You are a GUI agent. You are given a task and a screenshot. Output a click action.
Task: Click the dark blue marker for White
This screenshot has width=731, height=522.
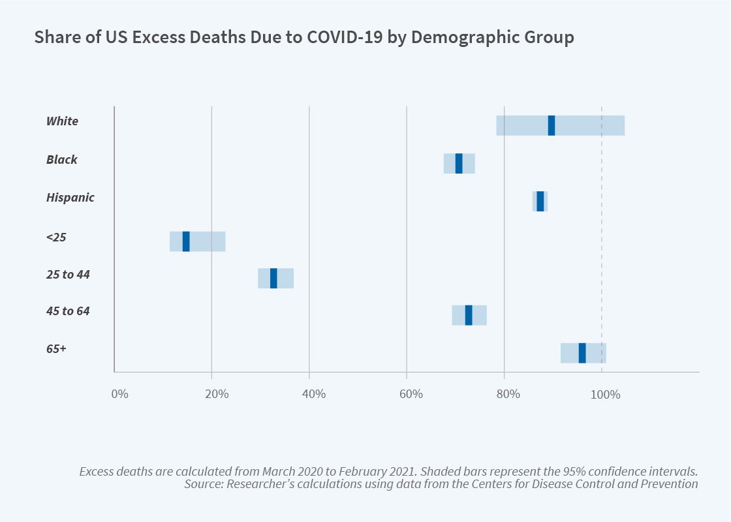pyautogui.click(x=552, y=125)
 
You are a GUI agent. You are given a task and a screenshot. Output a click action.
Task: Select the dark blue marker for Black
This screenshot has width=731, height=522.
pyautogui.click(x=459, y=163)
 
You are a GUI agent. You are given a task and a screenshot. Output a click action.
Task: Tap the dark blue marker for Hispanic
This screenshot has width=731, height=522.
pyautogui.click(x=540, y=201)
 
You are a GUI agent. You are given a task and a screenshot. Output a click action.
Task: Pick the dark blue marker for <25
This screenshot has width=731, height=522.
pyautogui.click(x=186, y=241)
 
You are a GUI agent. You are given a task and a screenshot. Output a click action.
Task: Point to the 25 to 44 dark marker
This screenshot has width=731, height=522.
pyautogui.click(x=273, y=278)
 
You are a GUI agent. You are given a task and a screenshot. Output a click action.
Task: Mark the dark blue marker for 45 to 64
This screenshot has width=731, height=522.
pyautogui.click(x=469, y=315)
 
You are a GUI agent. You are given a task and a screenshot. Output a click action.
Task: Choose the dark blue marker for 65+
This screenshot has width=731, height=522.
pyautogui.click(x=582, y=353)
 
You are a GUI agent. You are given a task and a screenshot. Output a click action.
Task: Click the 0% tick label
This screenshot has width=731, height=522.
pyautogui.click(x=119, y=394)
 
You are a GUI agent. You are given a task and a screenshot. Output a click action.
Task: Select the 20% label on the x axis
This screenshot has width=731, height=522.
pyautogui.click(x=216, y=394)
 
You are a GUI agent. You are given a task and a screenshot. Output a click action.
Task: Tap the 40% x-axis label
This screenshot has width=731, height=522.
pyautogui.click(x=314, y=394)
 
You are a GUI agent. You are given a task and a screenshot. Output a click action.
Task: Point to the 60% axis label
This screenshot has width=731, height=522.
pyautogui.click(x=411, y=394)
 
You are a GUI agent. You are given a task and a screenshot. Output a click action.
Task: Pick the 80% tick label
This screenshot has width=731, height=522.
pyautogui.click(x=508, y=394)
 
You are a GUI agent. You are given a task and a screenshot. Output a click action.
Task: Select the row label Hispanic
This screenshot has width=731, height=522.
pyautogui.click(x=70, y=197)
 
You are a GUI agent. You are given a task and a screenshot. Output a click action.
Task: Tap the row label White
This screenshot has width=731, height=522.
pyautogui.click(x=62, y=121)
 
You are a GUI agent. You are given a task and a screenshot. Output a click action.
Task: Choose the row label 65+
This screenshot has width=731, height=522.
pyautogui.click(x=56, y=349)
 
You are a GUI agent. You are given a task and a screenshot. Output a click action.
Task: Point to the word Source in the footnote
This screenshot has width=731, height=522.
pyautogui.click(x=203, y=484)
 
